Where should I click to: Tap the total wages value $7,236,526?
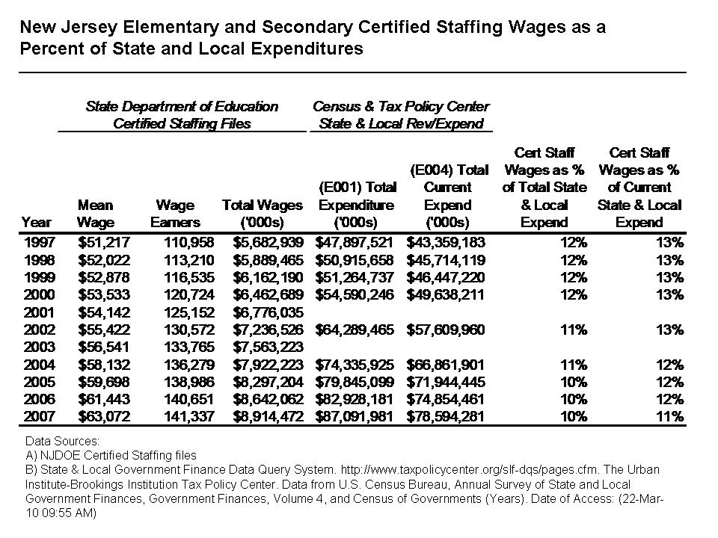(263, 330)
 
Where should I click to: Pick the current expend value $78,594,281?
(446, 416)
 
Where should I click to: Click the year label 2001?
(38, 312)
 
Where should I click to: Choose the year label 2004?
(38, 365)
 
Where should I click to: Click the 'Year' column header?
(37, 222)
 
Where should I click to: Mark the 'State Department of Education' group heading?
(182, 107)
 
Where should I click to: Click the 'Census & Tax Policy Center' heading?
(402, 107)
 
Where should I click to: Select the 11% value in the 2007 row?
(672, 416)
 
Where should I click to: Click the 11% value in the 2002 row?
(574, 330)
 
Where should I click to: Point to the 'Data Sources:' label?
(57, 442)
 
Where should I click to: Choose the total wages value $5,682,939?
(263, 243)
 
